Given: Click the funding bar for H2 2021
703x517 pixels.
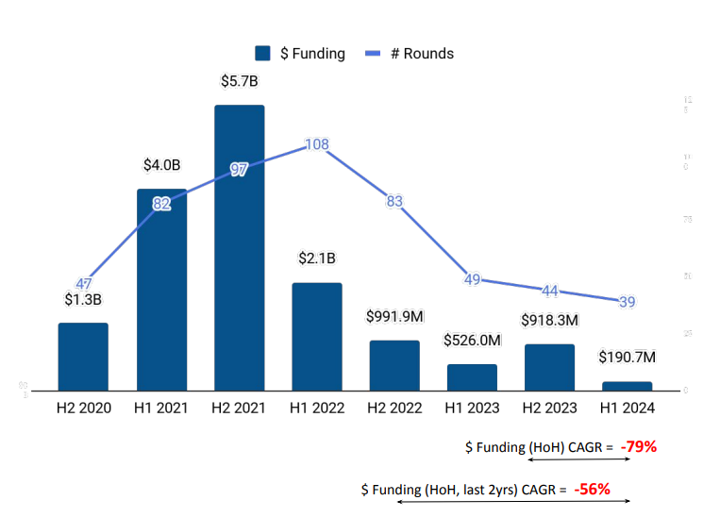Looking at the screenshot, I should [239, 247].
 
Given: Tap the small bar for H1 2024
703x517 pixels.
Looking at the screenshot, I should [627, 386].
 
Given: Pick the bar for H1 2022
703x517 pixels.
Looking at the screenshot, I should [317, 336].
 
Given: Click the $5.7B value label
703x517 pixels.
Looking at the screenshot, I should [239, 81].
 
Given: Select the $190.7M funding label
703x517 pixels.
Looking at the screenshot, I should [627, 358].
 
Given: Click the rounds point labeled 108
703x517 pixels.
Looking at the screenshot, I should [317, 144].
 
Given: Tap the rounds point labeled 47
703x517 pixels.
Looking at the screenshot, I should [84, 283].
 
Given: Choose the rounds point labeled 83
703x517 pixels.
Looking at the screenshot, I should [394, 201].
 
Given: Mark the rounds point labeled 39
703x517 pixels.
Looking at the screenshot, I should [627, 302].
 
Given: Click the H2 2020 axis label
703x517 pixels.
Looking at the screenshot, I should [83, 409].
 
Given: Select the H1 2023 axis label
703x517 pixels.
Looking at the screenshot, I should [472, 409].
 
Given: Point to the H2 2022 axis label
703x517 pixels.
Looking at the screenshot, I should [394, 409].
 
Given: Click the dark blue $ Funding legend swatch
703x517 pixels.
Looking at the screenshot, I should [262, 54].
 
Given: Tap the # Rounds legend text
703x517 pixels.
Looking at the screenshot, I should [422, 54].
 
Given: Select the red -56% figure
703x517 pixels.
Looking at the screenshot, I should [592, 489].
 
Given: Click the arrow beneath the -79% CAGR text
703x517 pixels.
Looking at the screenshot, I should [577, 459].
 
